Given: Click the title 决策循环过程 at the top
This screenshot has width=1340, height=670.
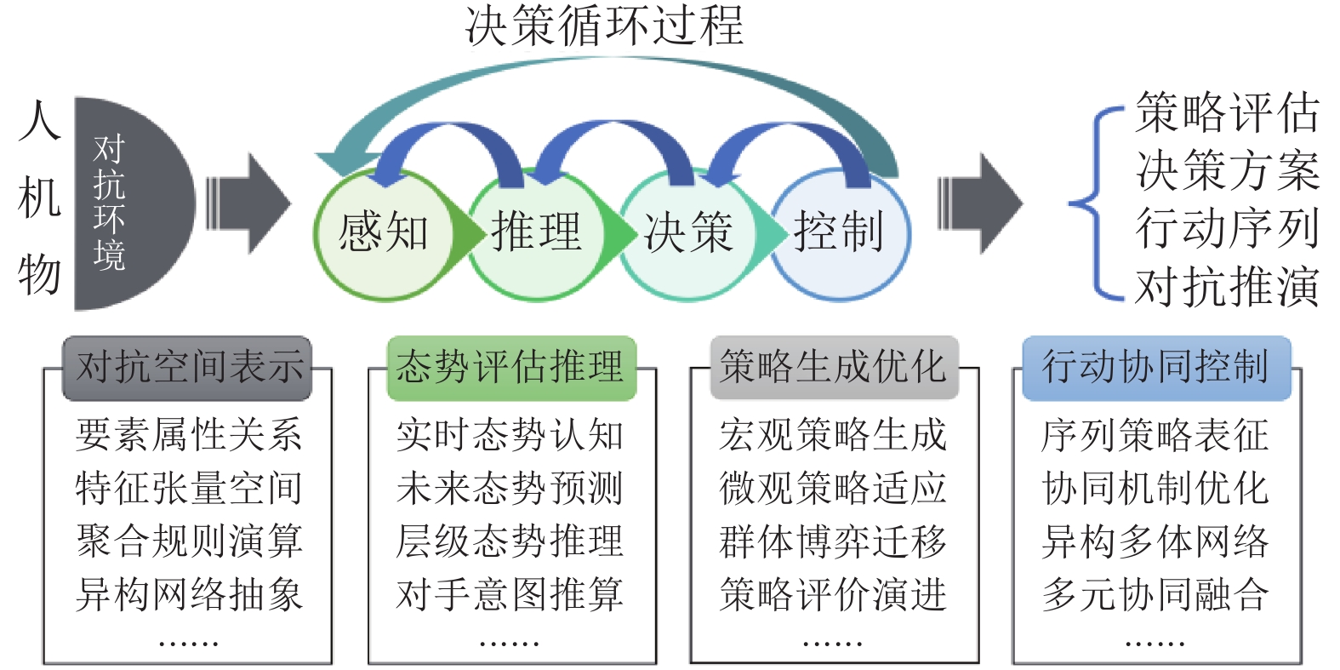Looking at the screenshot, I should coord(604,26).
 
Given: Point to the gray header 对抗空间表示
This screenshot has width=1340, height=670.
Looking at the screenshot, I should coord(188,368).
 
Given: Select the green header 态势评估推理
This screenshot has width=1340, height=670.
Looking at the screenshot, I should coord(510,368).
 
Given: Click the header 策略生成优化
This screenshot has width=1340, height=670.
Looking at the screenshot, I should coord(834,368).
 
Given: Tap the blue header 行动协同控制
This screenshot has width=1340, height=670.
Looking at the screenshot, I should coord(1156,368).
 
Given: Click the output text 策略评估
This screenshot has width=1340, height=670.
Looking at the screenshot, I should coord(1227,112).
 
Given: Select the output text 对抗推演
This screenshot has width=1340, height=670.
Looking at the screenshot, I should coord(1227,286).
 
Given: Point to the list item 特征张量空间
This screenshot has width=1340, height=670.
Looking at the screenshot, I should coord(188,488).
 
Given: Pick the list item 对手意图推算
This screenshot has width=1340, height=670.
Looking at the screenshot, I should coord(510,594).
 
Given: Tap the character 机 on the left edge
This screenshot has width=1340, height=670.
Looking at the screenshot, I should coord(39,198).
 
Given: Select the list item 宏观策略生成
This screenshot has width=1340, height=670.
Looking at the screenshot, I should coord(834,435).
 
